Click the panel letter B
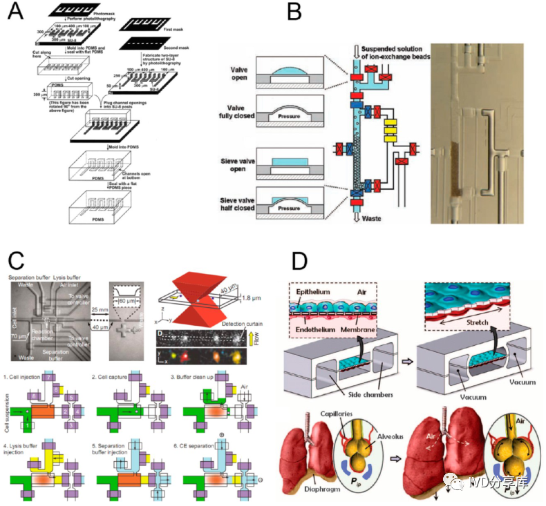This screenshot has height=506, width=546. (x=294, y=12)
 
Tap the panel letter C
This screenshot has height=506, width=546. (x=17, y=262)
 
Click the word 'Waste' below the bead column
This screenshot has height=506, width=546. (x=366, y=216)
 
